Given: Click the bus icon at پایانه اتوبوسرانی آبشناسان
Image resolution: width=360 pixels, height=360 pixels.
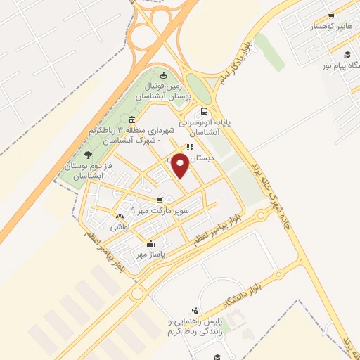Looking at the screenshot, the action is click(204, 111).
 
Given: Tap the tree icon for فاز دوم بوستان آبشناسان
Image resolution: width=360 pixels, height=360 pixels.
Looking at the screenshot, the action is click(87, 154).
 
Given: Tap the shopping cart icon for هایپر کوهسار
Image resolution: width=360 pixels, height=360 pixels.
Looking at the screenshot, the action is click(330, 15).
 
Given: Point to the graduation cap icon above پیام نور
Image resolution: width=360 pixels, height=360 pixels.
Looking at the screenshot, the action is click(346, 54).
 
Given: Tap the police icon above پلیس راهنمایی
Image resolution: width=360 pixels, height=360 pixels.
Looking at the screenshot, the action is click(195, 309).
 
